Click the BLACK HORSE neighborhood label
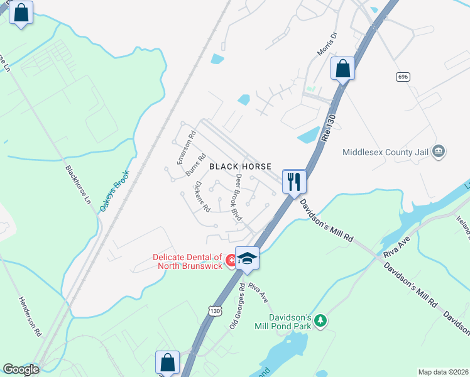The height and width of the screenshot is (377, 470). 240,167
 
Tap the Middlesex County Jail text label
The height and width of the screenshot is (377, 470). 387,152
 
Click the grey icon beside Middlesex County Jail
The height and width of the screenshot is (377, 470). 439,151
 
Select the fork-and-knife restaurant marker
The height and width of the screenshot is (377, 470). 293,182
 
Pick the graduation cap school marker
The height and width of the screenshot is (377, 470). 248,259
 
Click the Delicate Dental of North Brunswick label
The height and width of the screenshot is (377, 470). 188,261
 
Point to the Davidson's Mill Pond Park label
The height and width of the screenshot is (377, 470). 282,321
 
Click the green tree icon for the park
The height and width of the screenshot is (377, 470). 321,321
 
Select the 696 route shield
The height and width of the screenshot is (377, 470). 403,77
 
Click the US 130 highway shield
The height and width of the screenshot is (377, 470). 215,310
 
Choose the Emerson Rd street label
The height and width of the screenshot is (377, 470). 187,147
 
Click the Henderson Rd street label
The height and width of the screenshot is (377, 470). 30,315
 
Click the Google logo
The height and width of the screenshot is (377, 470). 21,369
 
